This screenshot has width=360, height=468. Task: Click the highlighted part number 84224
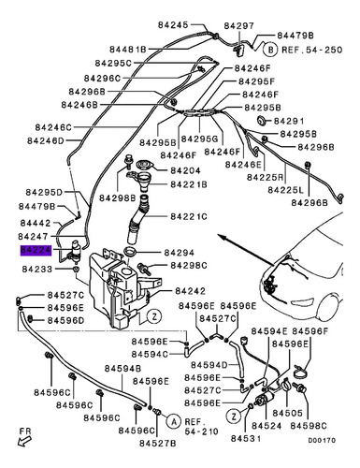[36, 250]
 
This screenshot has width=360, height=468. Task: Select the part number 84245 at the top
[173, 25]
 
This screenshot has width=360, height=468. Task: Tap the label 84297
[239, 25]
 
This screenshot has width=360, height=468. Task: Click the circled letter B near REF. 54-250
[271, 50]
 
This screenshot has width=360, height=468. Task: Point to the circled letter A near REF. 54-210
[173, 421]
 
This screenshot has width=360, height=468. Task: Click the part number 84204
[185, 170]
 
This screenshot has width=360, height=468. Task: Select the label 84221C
[189, 216]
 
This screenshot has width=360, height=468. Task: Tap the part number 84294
[179, 253]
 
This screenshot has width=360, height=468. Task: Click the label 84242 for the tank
[190, 291]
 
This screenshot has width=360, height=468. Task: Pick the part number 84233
[37, 269]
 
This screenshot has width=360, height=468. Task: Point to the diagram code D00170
[322, 440]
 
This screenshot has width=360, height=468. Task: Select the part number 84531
[246, 438]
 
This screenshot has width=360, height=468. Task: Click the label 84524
[266, 426]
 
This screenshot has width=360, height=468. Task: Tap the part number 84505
[287, 413]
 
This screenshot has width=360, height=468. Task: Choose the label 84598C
[309, 426]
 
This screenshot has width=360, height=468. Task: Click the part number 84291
[289, 121]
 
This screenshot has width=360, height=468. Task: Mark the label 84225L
[285, 190]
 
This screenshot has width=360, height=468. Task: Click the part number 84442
[36, 223]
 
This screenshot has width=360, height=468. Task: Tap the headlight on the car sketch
[302, 301]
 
